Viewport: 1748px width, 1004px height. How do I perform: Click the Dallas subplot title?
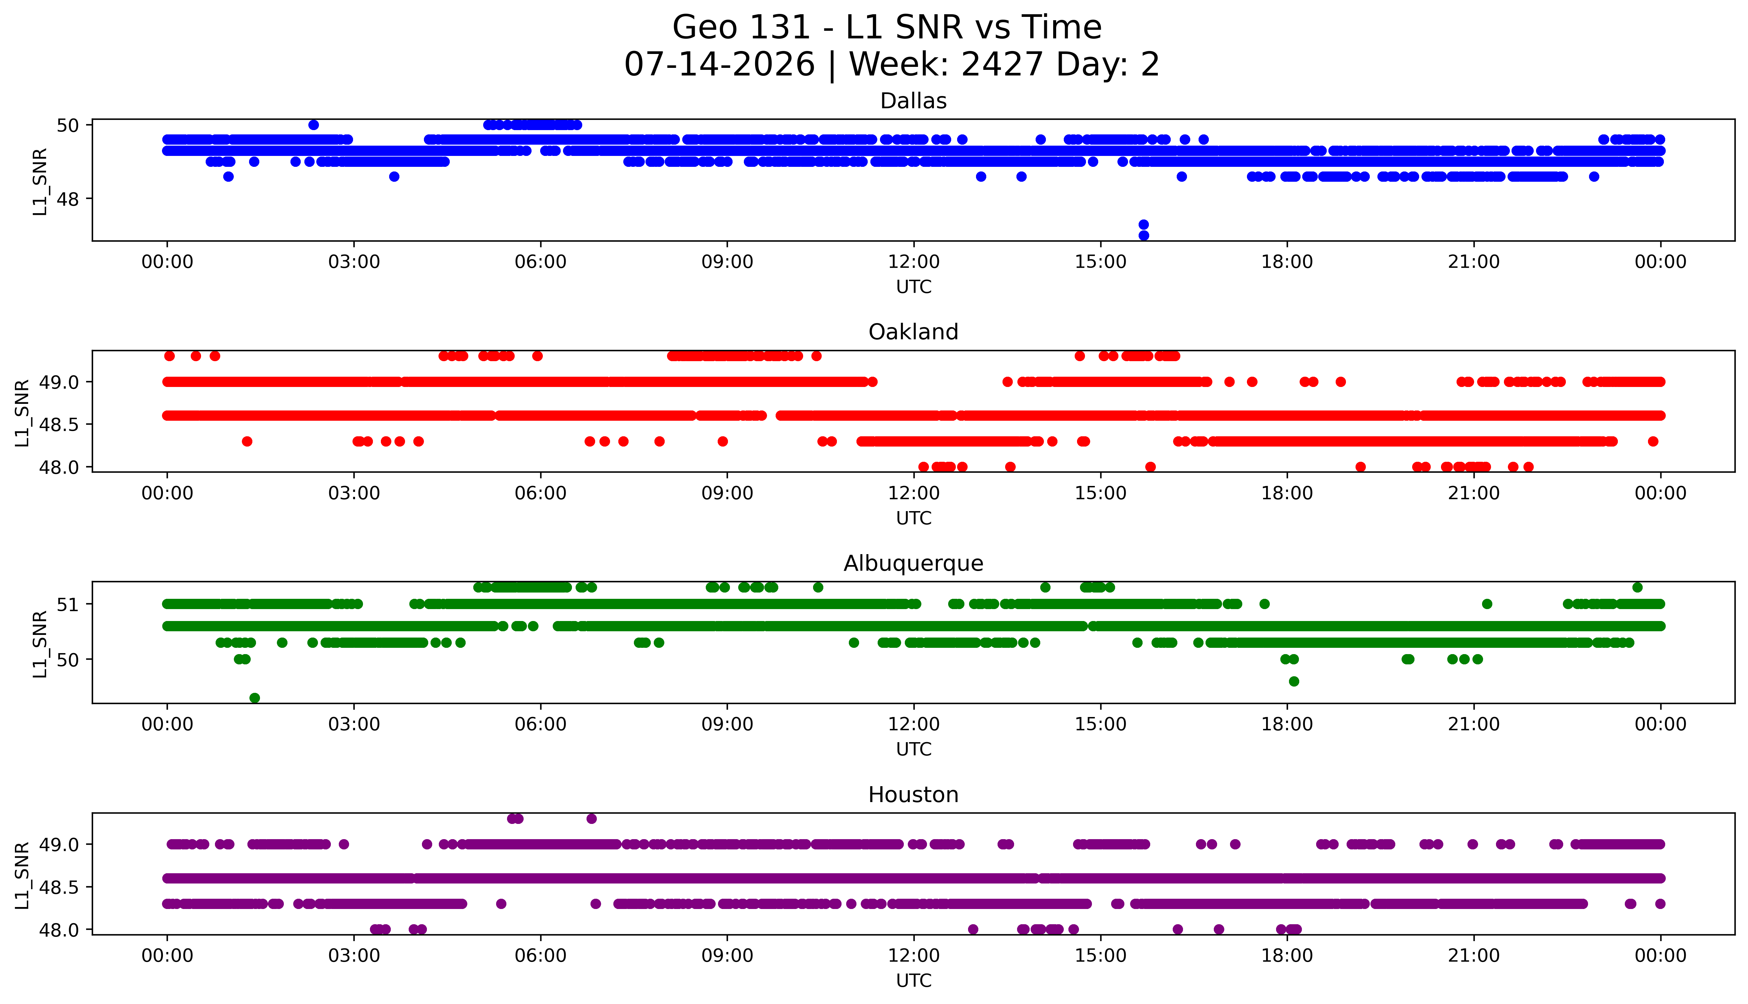(x=913, y=101)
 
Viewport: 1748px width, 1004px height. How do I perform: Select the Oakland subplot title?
(x=913, y=332)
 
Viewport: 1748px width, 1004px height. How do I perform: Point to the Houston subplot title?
(x=913, y=795)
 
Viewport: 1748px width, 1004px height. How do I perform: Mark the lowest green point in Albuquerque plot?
(x=255, y=698)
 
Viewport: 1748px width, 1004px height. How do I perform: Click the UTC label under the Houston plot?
(x=913, y=980)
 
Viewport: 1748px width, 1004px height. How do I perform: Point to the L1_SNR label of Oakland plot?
(x=22, y=412)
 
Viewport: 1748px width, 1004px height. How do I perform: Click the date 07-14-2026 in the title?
(x=719, y=65)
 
